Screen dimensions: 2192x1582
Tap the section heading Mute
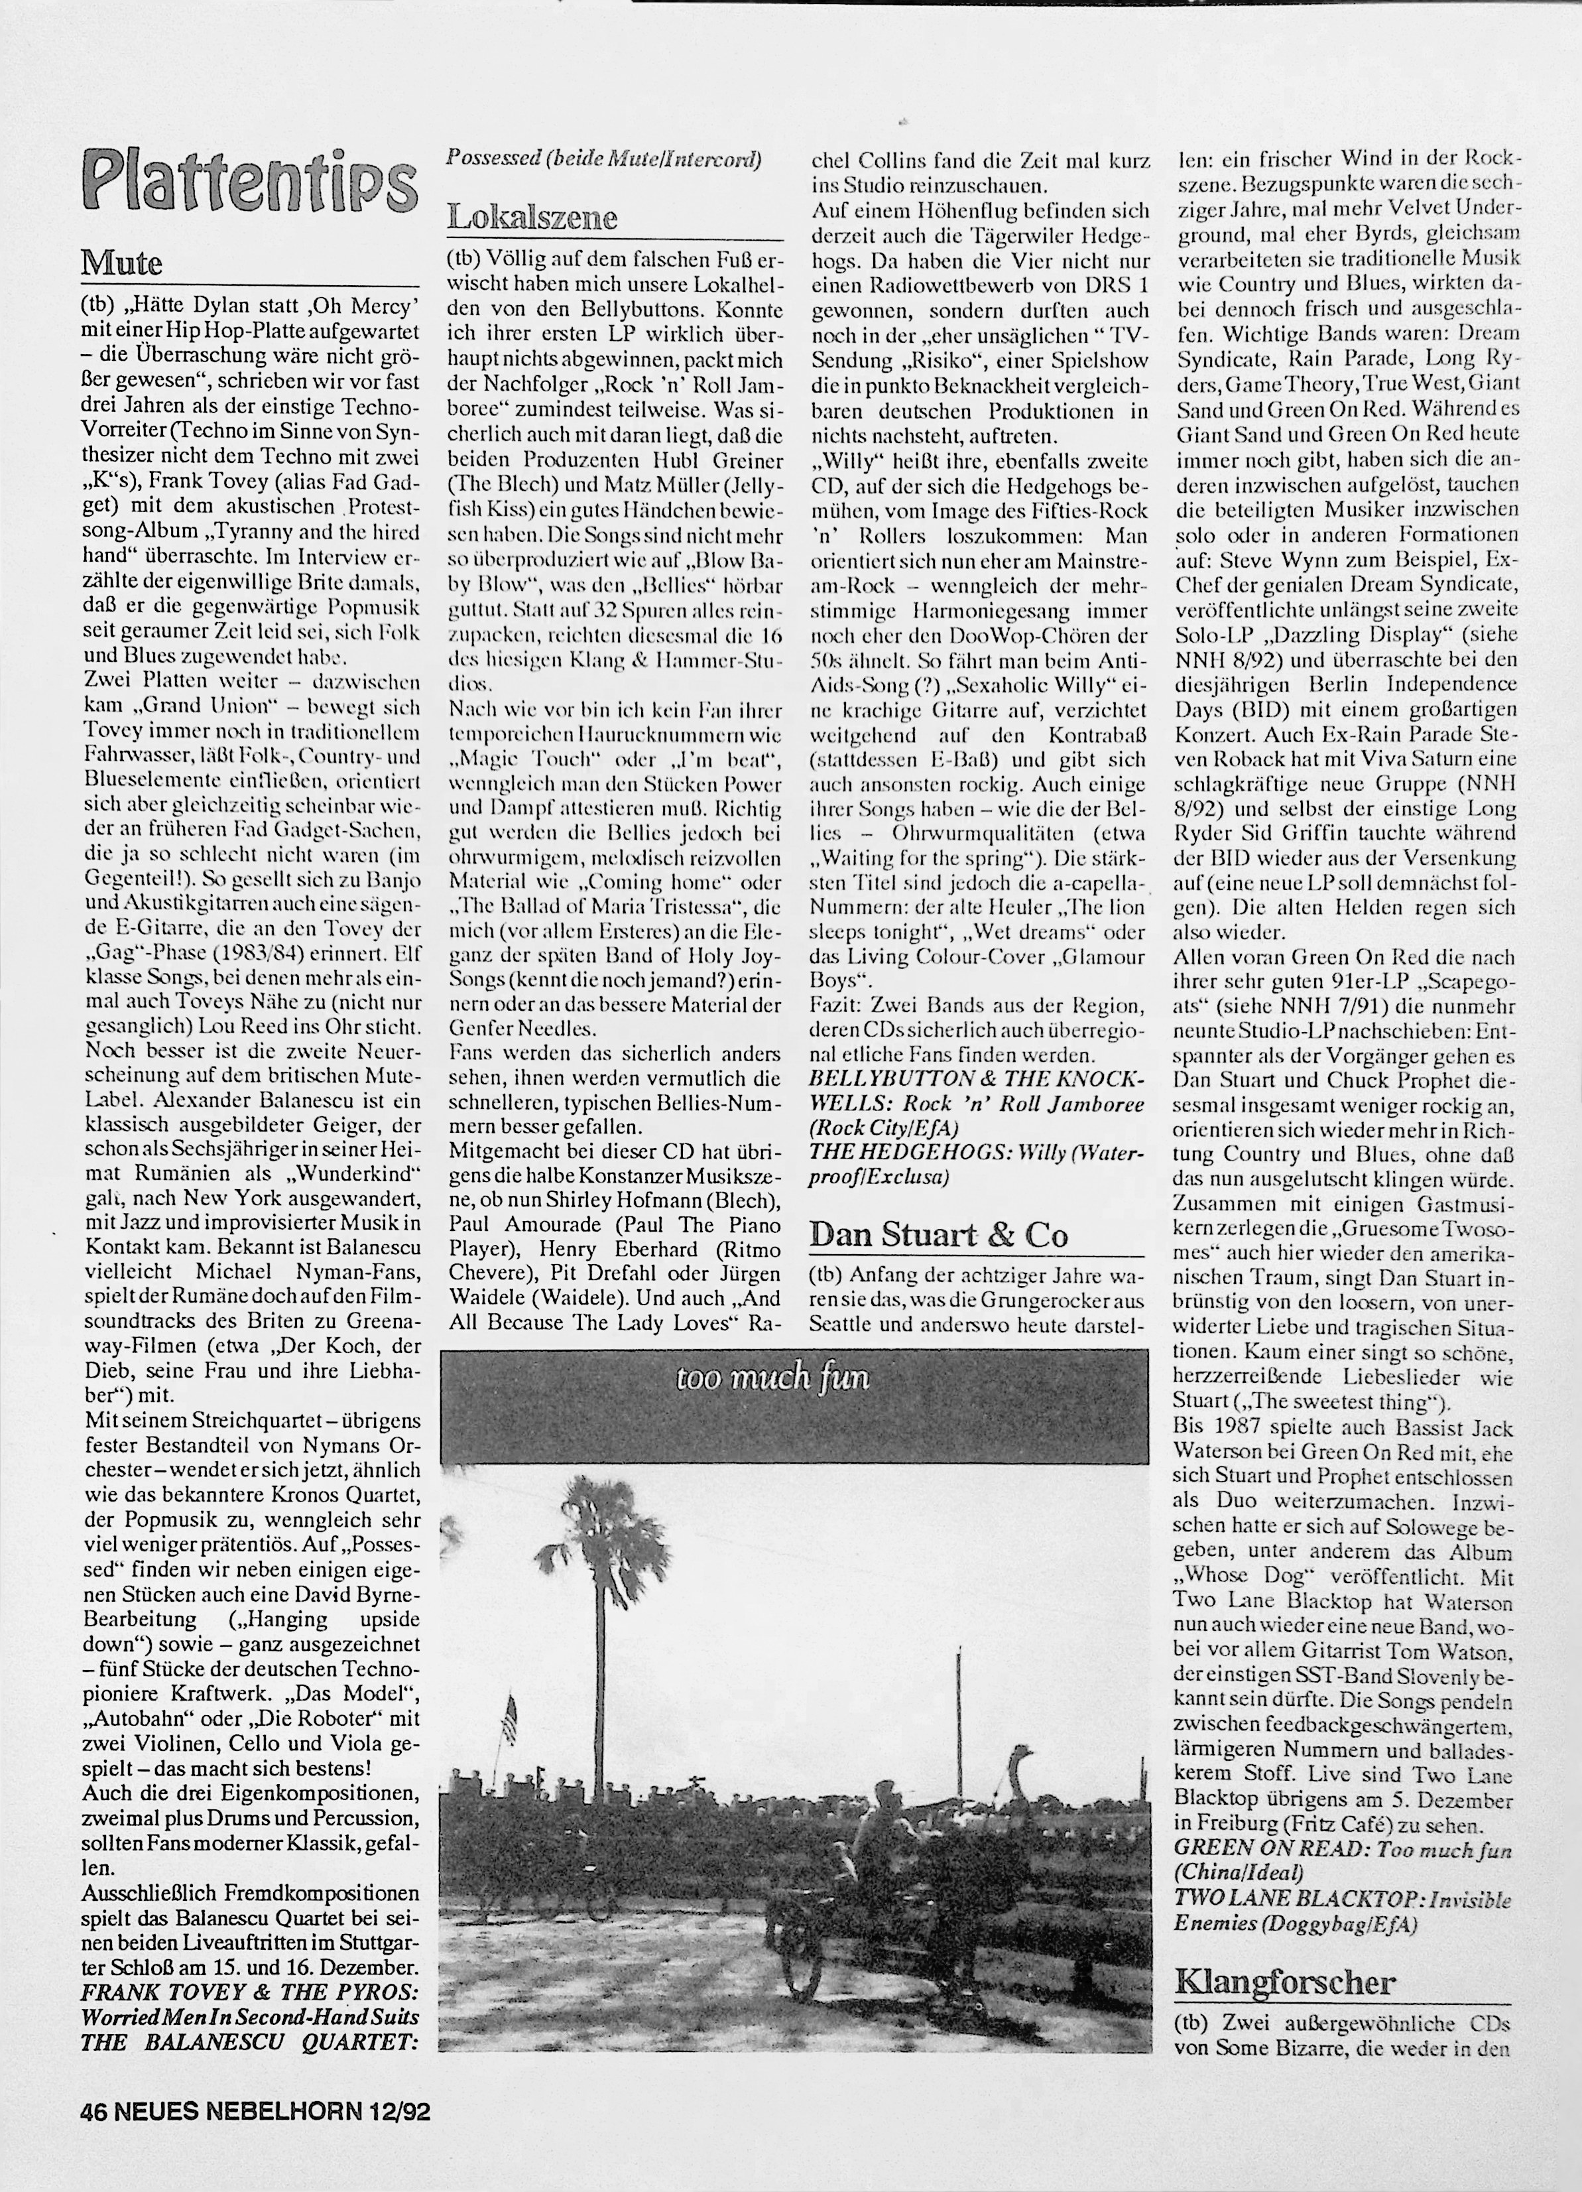pyautogui.click(x=122, y=263)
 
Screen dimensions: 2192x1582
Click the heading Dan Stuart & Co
pyautogui.click(x=938, y=1234)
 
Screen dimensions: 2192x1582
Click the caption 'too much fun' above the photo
pyautogui.click(x=772, y=1376)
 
